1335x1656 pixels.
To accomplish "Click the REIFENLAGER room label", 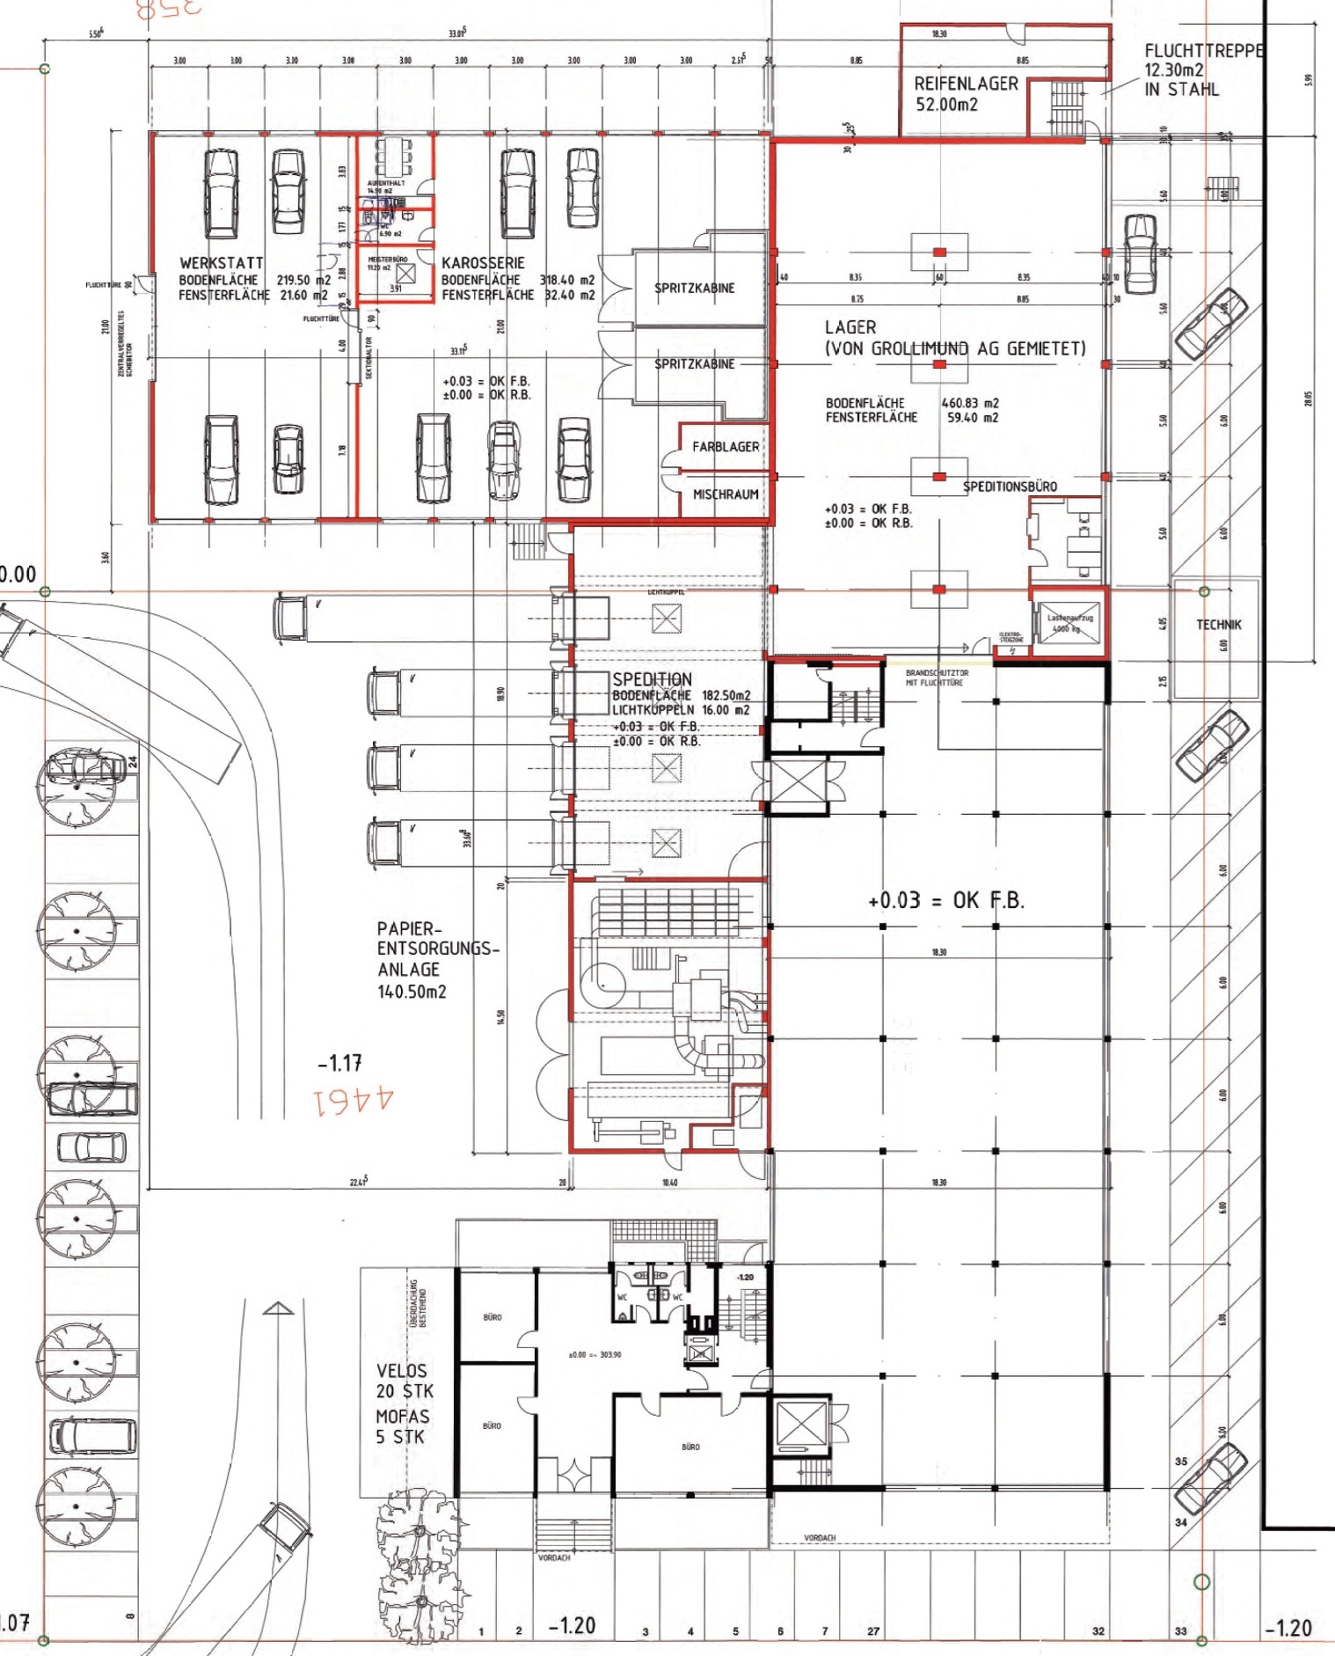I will pyautogui.click(x=966, y=84).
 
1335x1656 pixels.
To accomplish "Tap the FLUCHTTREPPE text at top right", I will pyautogui.click(x=1203, y=51).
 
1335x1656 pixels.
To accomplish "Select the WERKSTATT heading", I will pyautogui.click(x=222, y=263).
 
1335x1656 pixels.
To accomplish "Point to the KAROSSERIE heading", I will pyautogui.click(x=483, y=263).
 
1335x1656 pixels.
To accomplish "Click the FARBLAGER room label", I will pyautogui.click(x=726, y=447).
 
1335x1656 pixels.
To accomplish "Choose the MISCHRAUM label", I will pyautogui.click(x=726, y=495).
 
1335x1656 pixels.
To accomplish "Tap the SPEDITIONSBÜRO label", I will pyautogui.click(x=1010, y=487).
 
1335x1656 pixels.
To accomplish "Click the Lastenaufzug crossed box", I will pyautogui.click(x=1069, y=623).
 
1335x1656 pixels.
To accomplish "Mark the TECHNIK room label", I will pyautogui.click(x=1218, y=625).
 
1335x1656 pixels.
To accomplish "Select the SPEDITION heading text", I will pyautogui.click(x=652, y=679).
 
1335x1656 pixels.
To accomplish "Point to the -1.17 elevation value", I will pyautogui.click(x=339, y=1064).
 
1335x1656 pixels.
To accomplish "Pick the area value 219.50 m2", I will pyautogui.click(x=303, y=280).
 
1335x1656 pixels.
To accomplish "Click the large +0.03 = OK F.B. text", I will pyautogui.click(x=945, y=900).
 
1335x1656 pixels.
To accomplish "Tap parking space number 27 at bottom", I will pyautogui.click(x=872, y=1630).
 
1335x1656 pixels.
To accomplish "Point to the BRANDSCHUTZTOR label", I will pyautogui.click(x=937, y=673).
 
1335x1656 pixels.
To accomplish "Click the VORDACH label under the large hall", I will pyautogui.click(x=819, y=1538).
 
